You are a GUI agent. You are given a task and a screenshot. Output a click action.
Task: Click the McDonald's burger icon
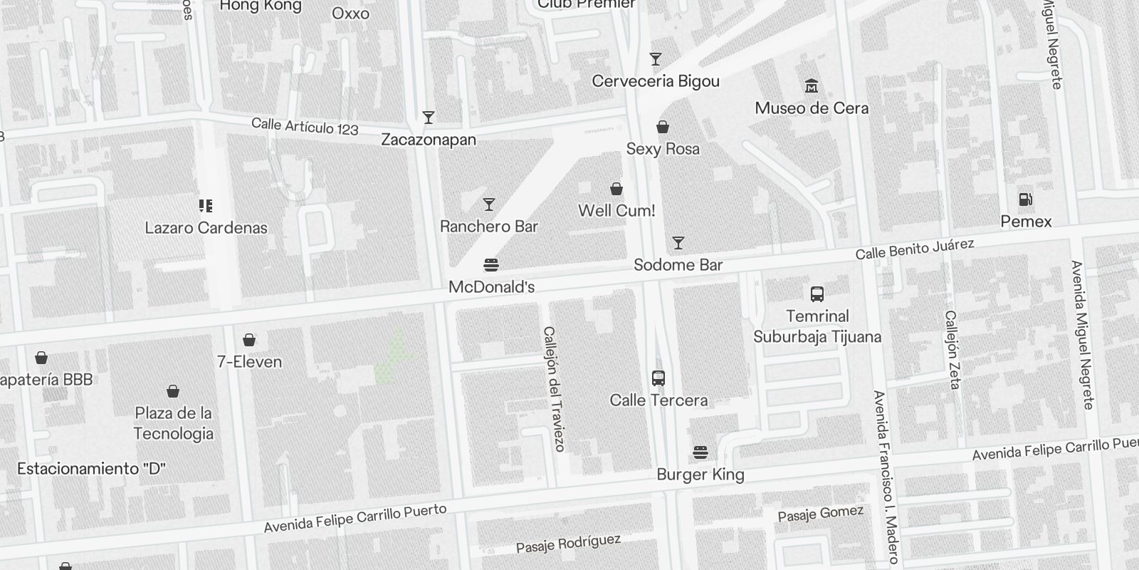pyautogui.click(x=490, y=265)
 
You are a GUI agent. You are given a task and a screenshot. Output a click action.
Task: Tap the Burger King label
pyautogui.click(x=700, y=475)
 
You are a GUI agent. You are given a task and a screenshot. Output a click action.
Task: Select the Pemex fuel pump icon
pyautogui.click(x=1026, y=199)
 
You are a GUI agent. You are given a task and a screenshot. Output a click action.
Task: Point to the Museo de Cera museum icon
pyautogui.click(x=811, y=86)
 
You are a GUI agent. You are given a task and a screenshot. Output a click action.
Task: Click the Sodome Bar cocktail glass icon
pyautogui.click(x=678, y=243)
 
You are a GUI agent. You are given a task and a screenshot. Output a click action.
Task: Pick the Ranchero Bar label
pyautogui.click(x=489, y=227)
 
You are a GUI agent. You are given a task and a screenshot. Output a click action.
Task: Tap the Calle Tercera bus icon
pyautogui.click(x=658, y=378)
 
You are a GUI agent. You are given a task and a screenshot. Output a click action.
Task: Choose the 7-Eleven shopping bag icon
pyautogui.click(x=249, y=340)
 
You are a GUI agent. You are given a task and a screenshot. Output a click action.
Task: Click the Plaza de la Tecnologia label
pyautogui.click(x=173, y=423)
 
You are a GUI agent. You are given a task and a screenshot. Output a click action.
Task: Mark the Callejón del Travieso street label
pyautogui.click(x=554, y=388)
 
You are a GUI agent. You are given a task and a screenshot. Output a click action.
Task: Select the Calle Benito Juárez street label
pyautogui.click(x=914, y=249)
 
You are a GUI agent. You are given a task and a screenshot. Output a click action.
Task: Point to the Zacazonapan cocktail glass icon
pyautogui.click(x=428, y=118)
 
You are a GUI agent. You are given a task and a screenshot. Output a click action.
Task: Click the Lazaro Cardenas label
pyautogui.click(x=206, y=228)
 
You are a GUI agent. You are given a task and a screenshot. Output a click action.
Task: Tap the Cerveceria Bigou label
pyautogui.click(x=656, y=81)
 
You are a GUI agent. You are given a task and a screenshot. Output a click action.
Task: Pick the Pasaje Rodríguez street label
pyautogui.click(x=568, y=544)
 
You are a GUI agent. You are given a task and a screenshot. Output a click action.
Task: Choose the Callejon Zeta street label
pyautogui.click(x=952, y=349)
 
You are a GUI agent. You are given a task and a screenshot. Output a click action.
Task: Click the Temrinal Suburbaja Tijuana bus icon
pyautogui.click(x=817, y=294)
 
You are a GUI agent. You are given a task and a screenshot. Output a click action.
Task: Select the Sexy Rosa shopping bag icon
pyautogui.click(x=663, y=128)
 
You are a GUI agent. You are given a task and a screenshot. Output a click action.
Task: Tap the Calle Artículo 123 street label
pyautogui.click(x=305, y=126)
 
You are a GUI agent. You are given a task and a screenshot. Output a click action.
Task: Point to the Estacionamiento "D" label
pyautogui.click(x=91, y=469)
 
